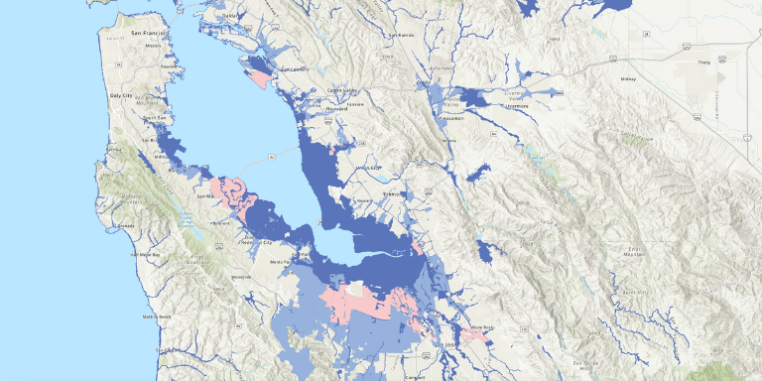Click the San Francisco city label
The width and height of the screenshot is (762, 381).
click(149, 35)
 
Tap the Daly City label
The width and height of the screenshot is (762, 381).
click(148, 96)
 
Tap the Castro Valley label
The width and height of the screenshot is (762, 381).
click(343, 89)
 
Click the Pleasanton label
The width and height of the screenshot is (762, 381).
click(452, 117)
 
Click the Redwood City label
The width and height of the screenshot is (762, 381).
click(256, 241)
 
